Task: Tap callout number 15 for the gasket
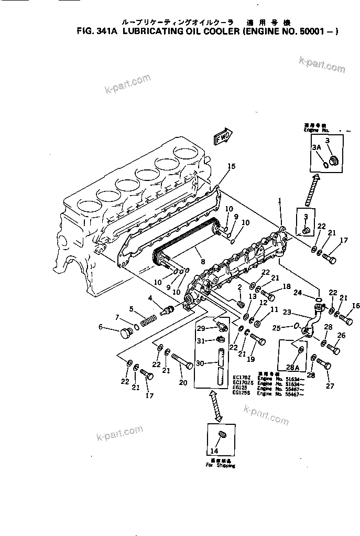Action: coord(231,166)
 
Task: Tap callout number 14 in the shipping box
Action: coord(213,451)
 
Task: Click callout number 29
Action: coord(200,328)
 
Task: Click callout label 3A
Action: coord(316,148)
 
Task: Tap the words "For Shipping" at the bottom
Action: coord(220,465)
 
